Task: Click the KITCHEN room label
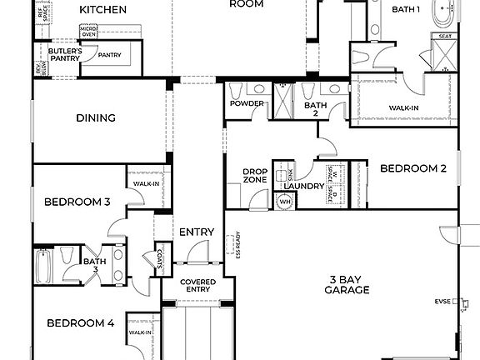[102, 10]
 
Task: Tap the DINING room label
[96, 118]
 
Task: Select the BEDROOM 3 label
[77, 202]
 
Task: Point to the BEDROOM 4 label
[80, 323]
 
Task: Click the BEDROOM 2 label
[413, 168]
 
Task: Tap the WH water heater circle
[284, 202]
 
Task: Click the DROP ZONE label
[254, 177]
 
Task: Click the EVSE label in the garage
[442, 302]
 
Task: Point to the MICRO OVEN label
[88, 31]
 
